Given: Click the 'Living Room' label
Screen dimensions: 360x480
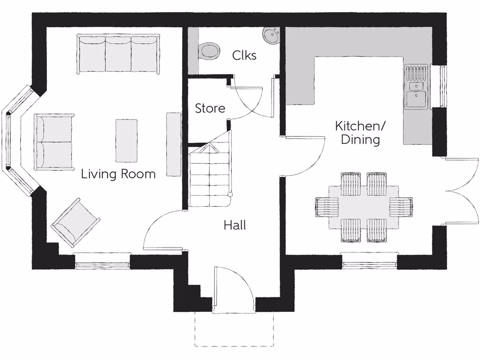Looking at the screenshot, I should [x=118, y=174].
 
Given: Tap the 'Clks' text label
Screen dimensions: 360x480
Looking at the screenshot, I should [x=244, y=55].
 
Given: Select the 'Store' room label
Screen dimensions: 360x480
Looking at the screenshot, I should [x=210, y=108].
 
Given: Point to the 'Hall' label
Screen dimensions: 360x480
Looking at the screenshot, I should [x=234, y=225].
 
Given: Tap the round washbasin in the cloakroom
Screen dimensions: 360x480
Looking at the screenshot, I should [x=270, y=34].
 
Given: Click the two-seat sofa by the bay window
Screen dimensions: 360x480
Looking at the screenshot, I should [x=54, y=142].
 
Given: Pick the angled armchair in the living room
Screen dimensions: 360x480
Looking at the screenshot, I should [x=75, y=223].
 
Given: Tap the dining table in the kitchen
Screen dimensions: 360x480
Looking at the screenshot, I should [x=364, y=207].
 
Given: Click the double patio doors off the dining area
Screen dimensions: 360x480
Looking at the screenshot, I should [x=462, y=191].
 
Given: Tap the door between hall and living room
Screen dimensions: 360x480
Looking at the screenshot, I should [x=162, y=230].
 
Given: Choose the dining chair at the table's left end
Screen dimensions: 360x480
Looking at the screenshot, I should [x=327, y=207].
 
